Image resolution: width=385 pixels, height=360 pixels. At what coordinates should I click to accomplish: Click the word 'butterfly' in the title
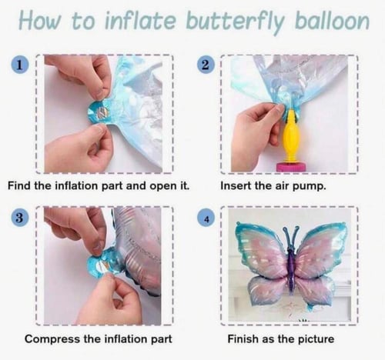(235, 22)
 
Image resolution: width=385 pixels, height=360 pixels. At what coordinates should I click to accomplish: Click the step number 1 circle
(20, 65)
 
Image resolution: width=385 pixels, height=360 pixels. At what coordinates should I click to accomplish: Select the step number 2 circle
(205, 65)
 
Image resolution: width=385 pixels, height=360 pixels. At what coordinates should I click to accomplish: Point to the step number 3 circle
(20, 218)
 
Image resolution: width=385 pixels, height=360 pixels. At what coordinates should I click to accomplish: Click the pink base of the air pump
(291, 167)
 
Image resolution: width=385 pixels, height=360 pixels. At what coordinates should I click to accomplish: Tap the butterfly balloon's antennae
(290, 236)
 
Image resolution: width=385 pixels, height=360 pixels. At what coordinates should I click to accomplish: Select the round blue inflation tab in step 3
(102, 265)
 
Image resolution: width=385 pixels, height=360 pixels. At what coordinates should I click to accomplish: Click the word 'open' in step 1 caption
(162, 186)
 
